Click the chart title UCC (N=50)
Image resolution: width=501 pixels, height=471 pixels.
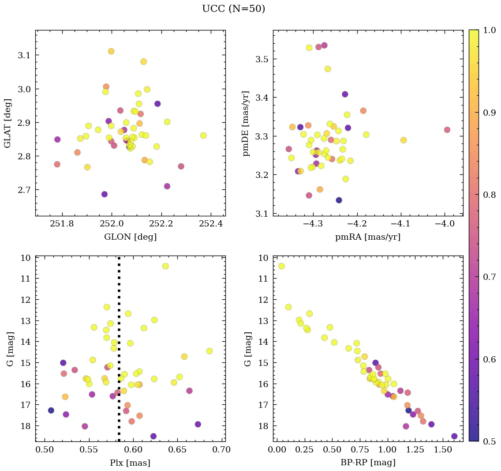click(x=233, y=9)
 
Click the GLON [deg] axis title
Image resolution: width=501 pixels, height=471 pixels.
click(x=130, y=237)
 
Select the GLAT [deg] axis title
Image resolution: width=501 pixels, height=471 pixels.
click(x=7, y=123)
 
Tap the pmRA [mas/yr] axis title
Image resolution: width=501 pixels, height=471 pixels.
click(x=368, y=237)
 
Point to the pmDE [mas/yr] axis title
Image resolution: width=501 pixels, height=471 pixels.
click(x=246, y=123)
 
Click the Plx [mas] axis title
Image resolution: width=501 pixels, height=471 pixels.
click(x=130, y=463)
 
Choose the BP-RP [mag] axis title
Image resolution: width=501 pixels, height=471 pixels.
click(x=368, y=463)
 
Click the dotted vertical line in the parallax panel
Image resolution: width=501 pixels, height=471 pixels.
click(x=119, y=353)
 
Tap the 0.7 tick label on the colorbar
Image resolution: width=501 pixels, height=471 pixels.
click(x=489, y=277)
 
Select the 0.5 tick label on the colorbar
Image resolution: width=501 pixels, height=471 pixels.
click(x=489, y=441)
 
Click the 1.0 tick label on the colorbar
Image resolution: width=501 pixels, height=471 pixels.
click(x=489, y=30)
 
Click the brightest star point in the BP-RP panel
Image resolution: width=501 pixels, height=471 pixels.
click(x=281, y=266)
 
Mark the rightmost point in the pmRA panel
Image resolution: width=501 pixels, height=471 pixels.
click(x=447, y=130)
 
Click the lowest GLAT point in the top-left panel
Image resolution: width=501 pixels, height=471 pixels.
click(x=105, y=194)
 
